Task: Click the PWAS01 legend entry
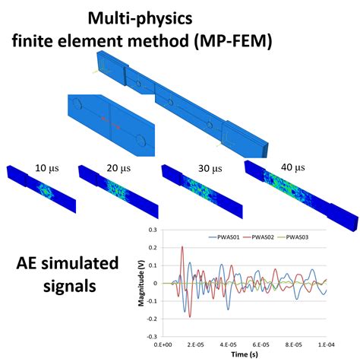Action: click(x=224, y=237)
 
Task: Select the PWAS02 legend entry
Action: click(x=259, y=237)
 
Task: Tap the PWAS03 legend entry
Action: click(x=293, y=237)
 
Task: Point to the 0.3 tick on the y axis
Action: click(x=153, y=230)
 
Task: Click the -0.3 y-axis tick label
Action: click(x=152, y=337)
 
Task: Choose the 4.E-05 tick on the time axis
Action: click(x=228, y=345)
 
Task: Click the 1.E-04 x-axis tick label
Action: click(x=326, y=345)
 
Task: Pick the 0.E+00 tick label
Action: click(x=163, y=345)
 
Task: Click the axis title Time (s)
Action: click(x=245, y=354)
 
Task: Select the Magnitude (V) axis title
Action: click(x=141, y=283)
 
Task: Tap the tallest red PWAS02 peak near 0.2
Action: click(x=182, y=246)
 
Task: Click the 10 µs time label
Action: click(x=47, y=168)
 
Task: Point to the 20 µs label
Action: click(x=118, y=168)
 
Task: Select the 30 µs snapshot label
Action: click(x=210, y=168)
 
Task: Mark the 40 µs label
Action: click(x=293, y=167)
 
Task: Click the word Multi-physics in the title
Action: click(x=140, y=18)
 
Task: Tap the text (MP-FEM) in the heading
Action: click(x=232, y=41)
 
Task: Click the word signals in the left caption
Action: click(x=70, y=286)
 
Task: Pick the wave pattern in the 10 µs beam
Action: click(x=46, y=191)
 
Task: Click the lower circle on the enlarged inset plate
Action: click(x=141, y=140)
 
